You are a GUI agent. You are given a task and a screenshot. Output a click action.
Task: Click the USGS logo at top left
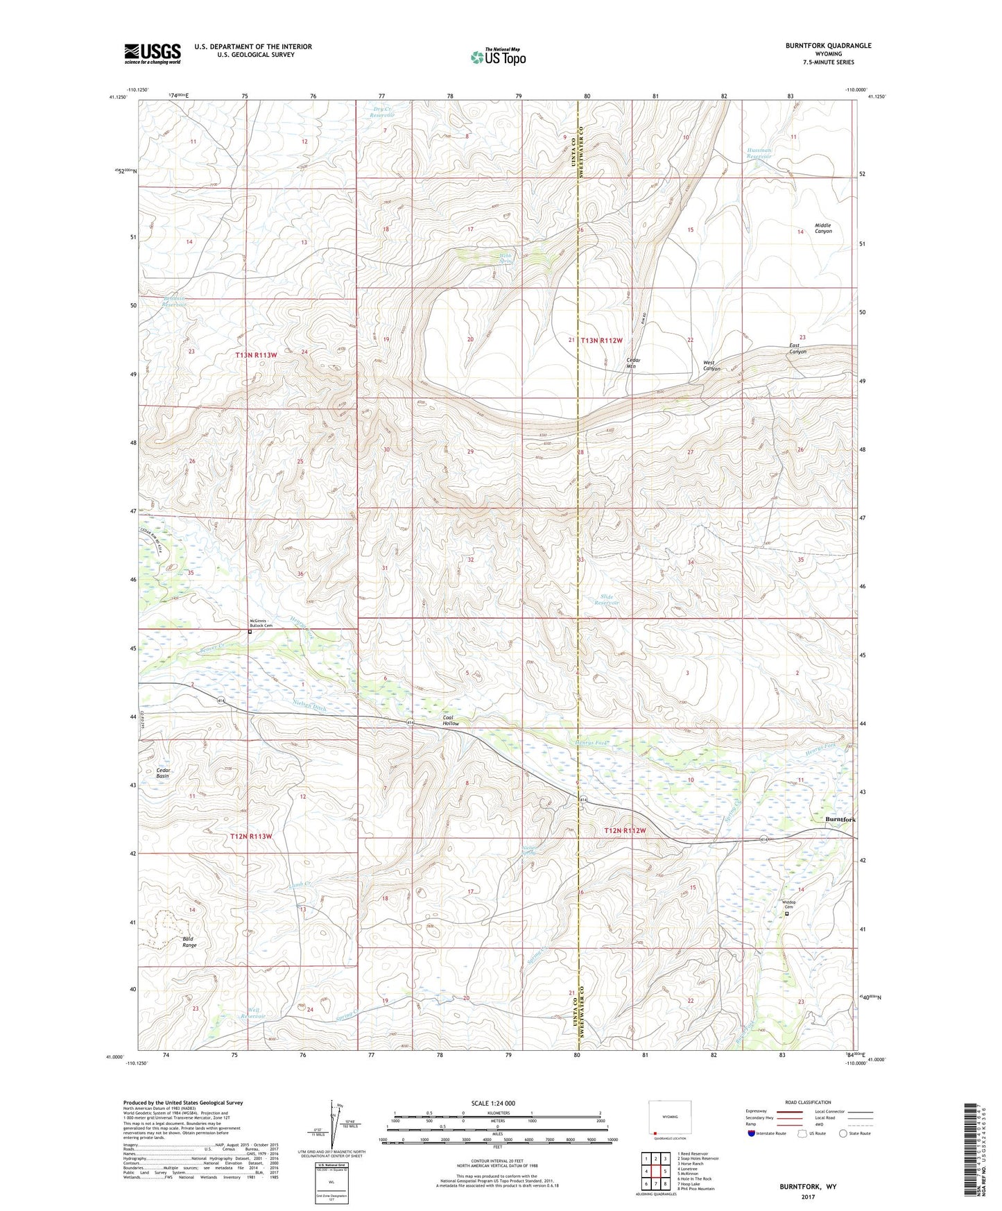pos(153,53)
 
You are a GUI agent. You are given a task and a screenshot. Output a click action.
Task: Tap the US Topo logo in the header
pos(498,58)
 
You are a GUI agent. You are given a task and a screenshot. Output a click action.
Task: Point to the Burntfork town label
pos(840,820)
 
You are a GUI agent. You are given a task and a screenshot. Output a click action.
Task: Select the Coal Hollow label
pos(451,721)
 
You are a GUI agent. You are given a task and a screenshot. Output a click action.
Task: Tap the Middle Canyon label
pos(823,228)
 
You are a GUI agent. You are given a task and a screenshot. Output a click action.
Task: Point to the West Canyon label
pos(711,366)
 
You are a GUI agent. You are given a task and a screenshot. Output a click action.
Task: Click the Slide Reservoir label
pos(606,600)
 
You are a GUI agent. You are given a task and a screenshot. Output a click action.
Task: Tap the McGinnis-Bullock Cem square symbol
pos(250,632)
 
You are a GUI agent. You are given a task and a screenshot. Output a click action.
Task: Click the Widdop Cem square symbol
pos(786,913)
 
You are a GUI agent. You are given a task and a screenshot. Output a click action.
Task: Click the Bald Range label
pos(189,942)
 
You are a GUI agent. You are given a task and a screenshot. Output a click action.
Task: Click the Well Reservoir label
pos(254,1013)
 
